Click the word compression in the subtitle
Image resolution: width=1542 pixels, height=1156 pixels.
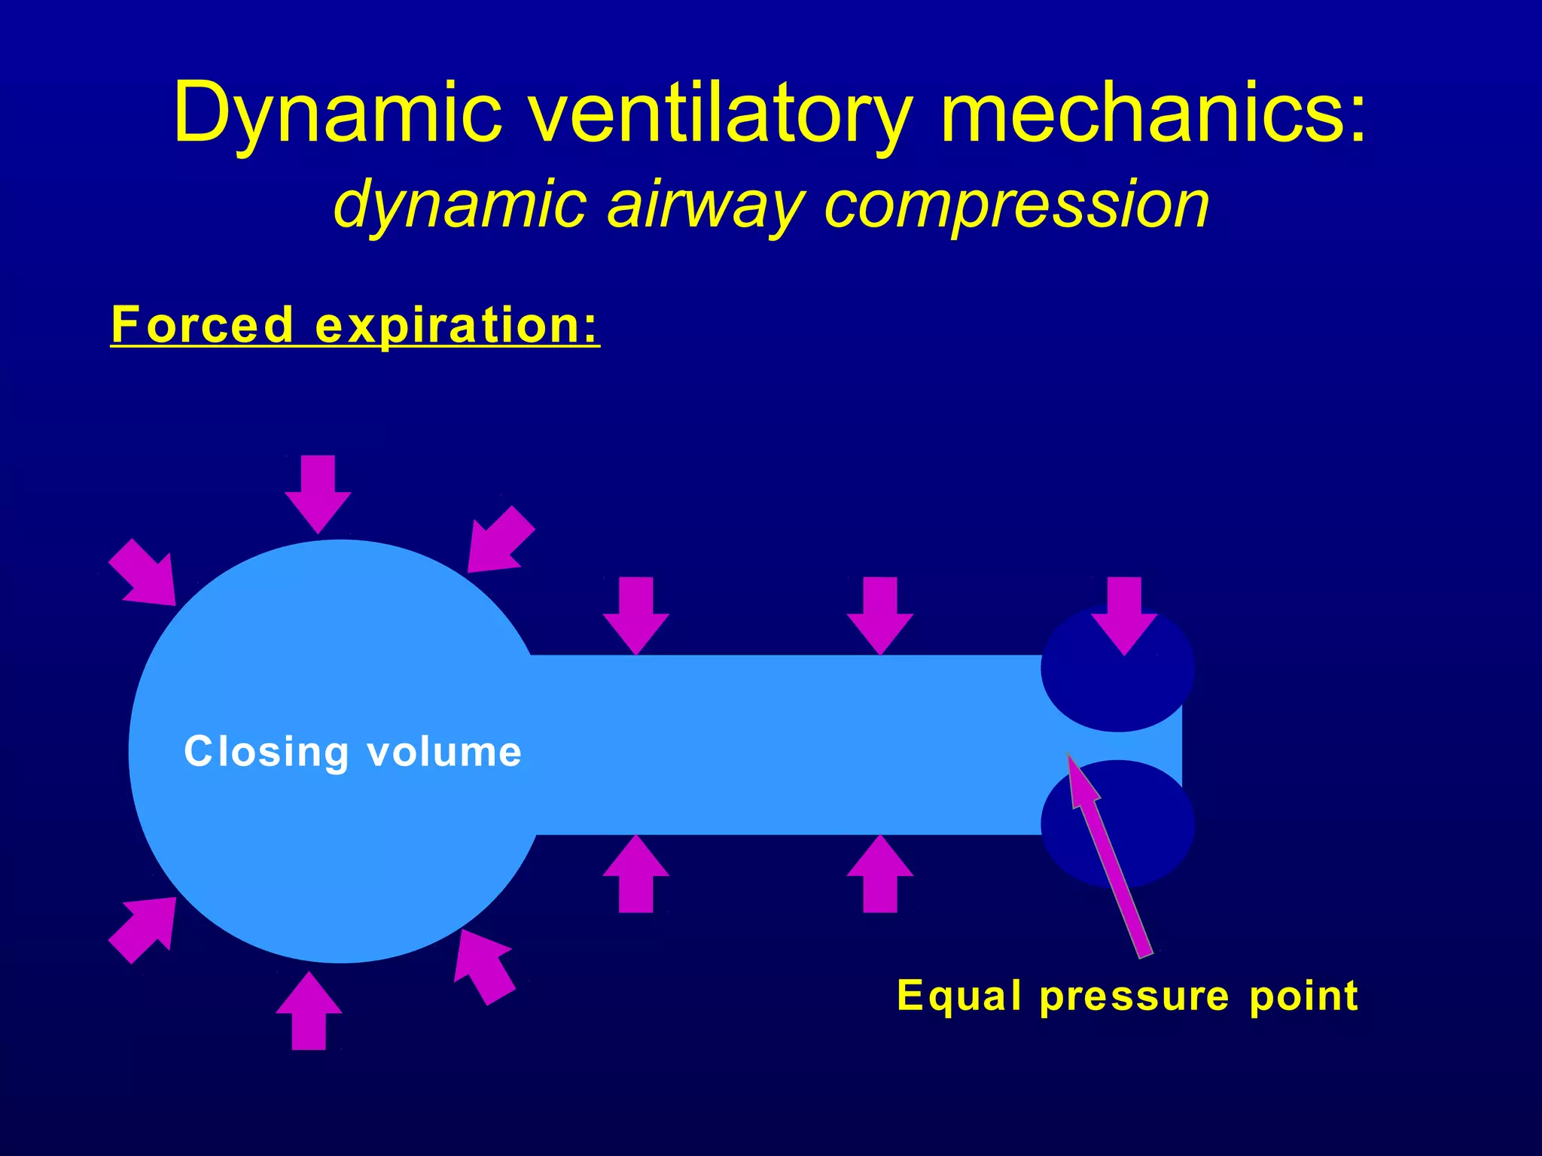point(1016,205)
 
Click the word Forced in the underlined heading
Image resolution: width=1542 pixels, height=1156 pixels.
point(202,325)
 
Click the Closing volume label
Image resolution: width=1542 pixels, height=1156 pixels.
point(352,752)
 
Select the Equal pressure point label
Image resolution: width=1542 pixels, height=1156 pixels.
point(1127,996)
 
